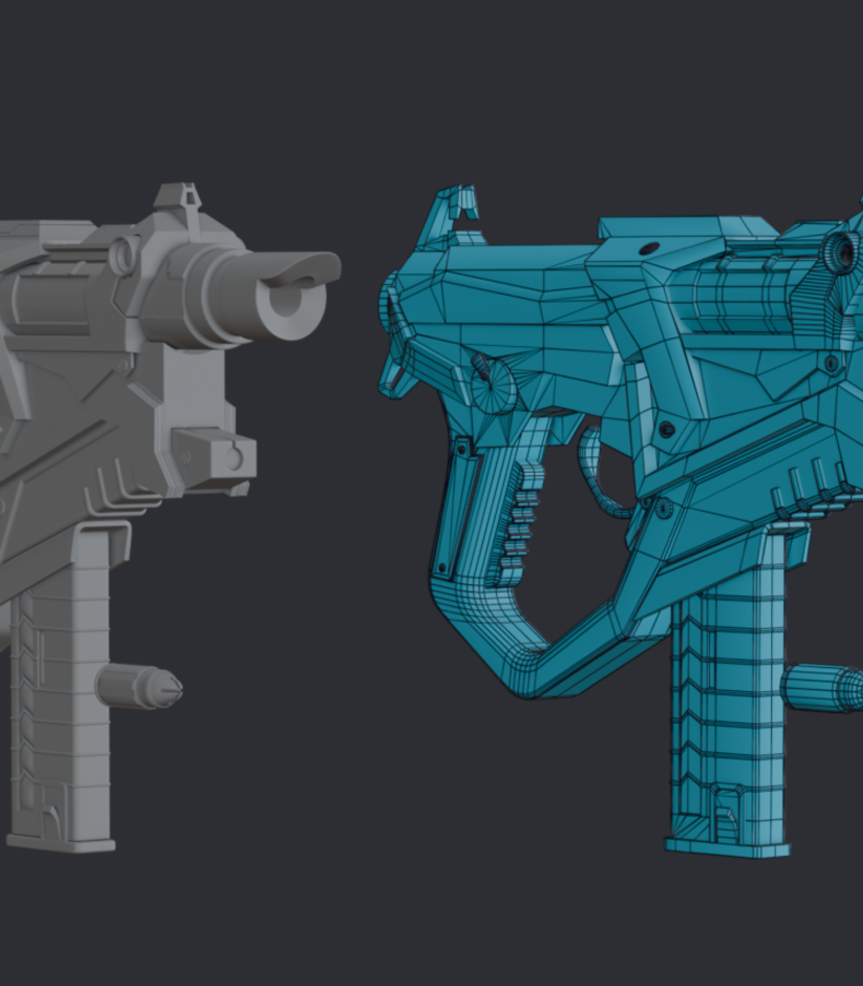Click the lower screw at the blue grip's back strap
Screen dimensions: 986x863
click(x=442, y=567)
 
